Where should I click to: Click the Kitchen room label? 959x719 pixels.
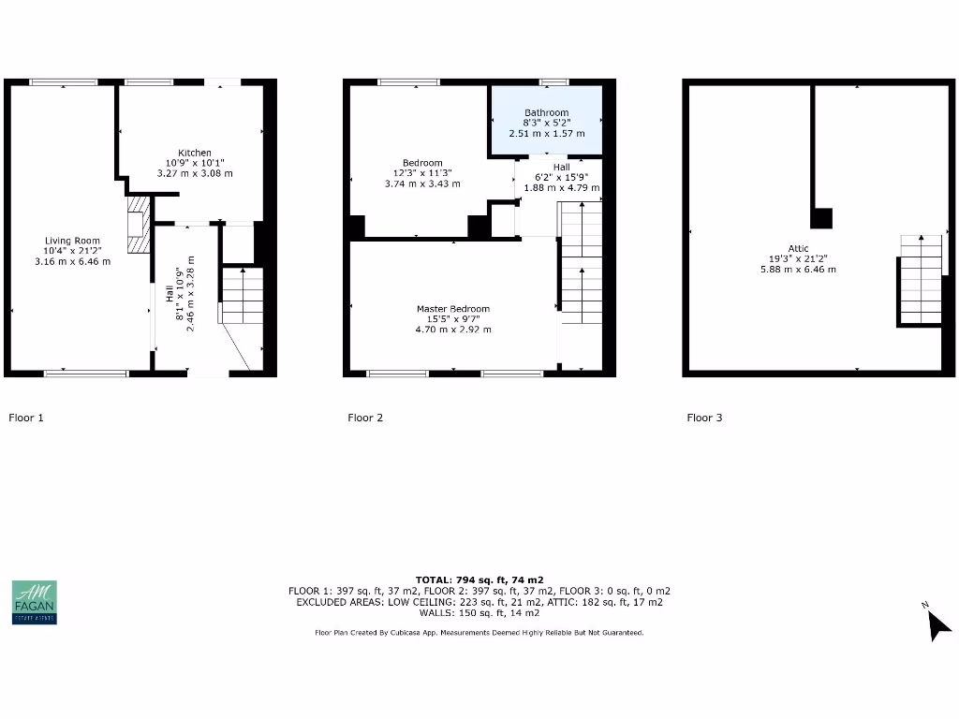(x=195, y=153)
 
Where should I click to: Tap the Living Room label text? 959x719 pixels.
(x=72, y=241)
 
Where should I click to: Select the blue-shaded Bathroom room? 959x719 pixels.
(x=546, y=122)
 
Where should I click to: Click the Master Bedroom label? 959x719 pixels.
(x=453, y=309)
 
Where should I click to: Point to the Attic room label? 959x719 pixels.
(x=798, y=249)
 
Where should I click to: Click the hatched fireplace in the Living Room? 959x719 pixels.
(x=138, y=225)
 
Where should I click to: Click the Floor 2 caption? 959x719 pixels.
(x=365, y=418)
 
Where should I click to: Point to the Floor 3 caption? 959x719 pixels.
(x=704, y=418)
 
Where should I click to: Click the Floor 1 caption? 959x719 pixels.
(x=26, y=418)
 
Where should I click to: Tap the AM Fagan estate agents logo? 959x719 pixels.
(x=34, y=602)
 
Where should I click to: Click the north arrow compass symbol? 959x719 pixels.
(x=937, y=624)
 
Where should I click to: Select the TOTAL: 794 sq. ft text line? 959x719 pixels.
(x=479, y=580)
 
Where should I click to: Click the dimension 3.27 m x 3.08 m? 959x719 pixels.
(x=195, y=173)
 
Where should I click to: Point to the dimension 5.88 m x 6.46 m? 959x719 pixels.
(x=798, y=270)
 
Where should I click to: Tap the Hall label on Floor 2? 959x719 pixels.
(x=561, y=167)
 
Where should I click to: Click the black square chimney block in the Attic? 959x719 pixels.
(x=821, y=218)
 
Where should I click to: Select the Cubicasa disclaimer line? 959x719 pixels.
(x=479, y=633)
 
